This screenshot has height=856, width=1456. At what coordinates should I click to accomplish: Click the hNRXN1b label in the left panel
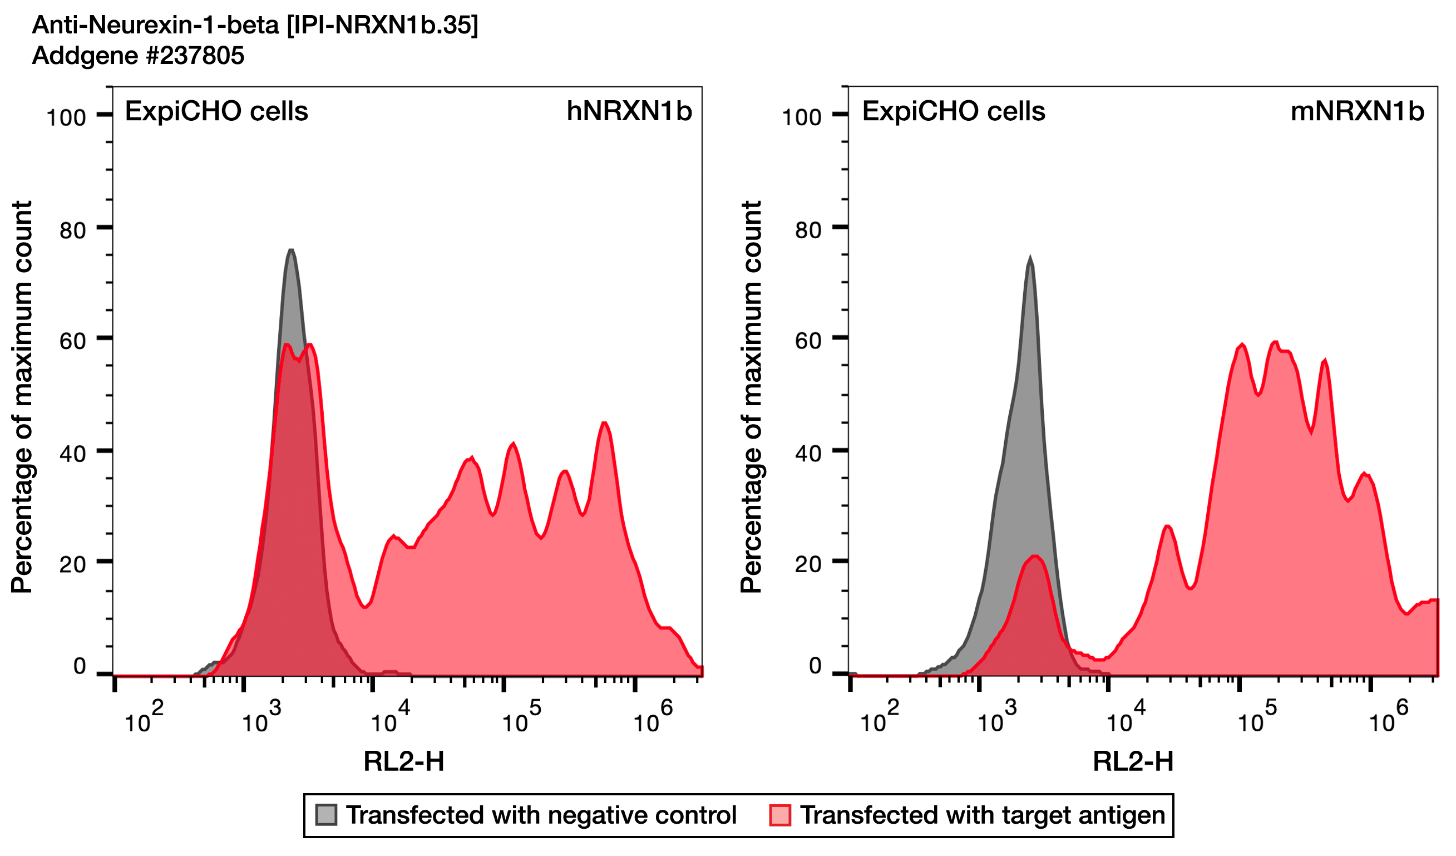pos(629,111)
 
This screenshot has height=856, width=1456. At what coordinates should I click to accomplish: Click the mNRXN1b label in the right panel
pos(1356,111)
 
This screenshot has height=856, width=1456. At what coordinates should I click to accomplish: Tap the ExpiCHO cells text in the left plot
pos(216,111)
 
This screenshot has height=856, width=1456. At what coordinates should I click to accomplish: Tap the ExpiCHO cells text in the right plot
pos(954,111)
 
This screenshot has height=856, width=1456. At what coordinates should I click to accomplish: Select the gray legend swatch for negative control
pos(326,815)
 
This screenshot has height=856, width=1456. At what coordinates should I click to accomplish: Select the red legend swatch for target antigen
pos(780,815)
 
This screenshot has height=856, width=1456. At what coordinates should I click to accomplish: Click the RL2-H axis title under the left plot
pos(404,762)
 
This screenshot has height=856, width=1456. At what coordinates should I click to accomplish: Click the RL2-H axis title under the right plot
pos(1133,762)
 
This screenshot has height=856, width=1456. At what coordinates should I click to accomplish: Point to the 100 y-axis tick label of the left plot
pos(66,118)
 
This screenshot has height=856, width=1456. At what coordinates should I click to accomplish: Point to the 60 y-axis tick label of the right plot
pos(808,341)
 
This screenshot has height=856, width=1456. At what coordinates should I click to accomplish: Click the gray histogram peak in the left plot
pos(291,251)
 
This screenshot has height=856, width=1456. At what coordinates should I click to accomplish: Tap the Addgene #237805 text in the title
pos(138,56)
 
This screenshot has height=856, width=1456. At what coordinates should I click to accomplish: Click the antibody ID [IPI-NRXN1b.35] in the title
pos(382,25)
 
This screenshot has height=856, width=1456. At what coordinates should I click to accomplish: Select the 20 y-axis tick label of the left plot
pos(73,564)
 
